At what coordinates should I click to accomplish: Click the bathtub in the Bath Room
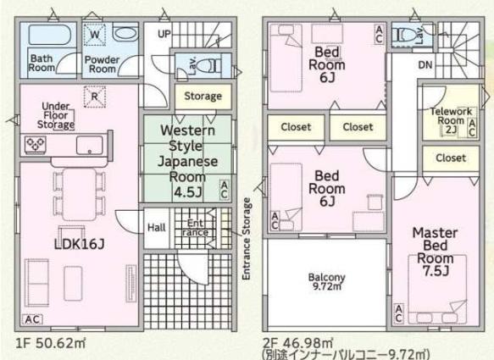pyautogui.click(x=48, y=35)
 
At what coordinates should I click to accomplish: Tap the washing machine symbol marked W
pyautogui.click(x=95, y=35)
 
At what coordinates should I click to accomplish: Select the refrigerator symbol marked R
pyautogui.click(x=95, y=97)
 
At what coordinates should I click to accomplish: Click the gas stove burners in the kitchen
pyautogui.click(x=36, y=145)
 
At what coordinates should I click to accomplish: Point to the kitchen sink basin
pyautogui.click(x=90, y=145)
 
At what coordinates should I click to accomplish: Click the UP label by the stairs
pyautogui.click(x=164, y=34)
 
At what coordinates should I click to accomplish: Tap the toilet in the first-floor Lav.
pyautogui.click(x=209, y=66)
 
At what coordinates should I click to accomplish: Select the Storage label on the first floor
pyautogui.click(x=203, y=96)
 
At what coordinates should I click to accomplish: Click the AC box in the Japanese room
pyautogui.click(x=224, y=189)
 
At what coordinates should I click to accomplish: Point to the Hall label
pyautogui.click(x=157, y=227)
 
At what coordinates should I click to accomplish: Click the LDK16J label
pyautogui.click(x=79, y=244)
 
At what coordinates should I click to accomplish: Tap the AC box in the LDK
pyautogui.click(x=32, y=319)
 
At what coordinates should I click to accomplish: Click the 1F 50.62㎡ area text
pyautogui.click(x=50, y=343)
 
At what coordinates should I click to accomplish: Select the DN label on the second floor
pyautogui.click(x=425, y=65)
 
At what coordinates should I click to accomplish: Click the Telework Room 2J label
pyautogui.click(x=451, y=120)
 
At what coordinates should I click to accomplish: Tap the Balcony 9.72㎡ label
pyautogui.click(x=327, y=281)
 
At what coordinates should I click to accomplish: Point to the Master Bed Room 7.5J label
pyautogui.click(x=435, y=252)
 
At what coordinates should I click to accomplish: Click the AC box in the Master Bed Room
pyautogui.click(x=399, y=313)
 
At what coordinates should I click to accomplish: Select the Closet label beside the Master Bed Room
pyautogui.click(x=451, y=158)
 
